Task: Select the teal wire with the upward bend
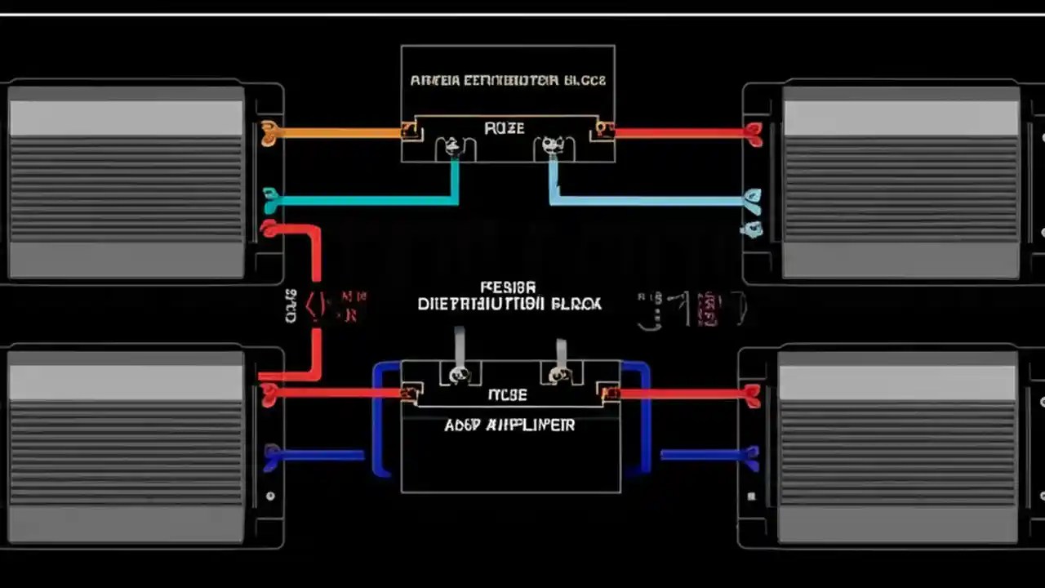point(367,198)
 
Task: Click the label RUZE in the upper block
point(505,128)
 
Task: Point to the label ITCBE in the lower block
point(507,395)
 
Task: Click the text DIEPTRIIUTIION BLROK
point(509,304)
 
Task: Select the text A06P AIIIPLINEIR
point(509,425)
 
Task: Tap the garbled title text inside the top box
point(508,81)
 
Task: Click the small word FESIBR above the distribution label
point(508,287)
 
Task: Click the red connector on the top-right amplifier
point(754,133)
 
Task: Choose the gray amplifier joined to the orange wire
point(126,181)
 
